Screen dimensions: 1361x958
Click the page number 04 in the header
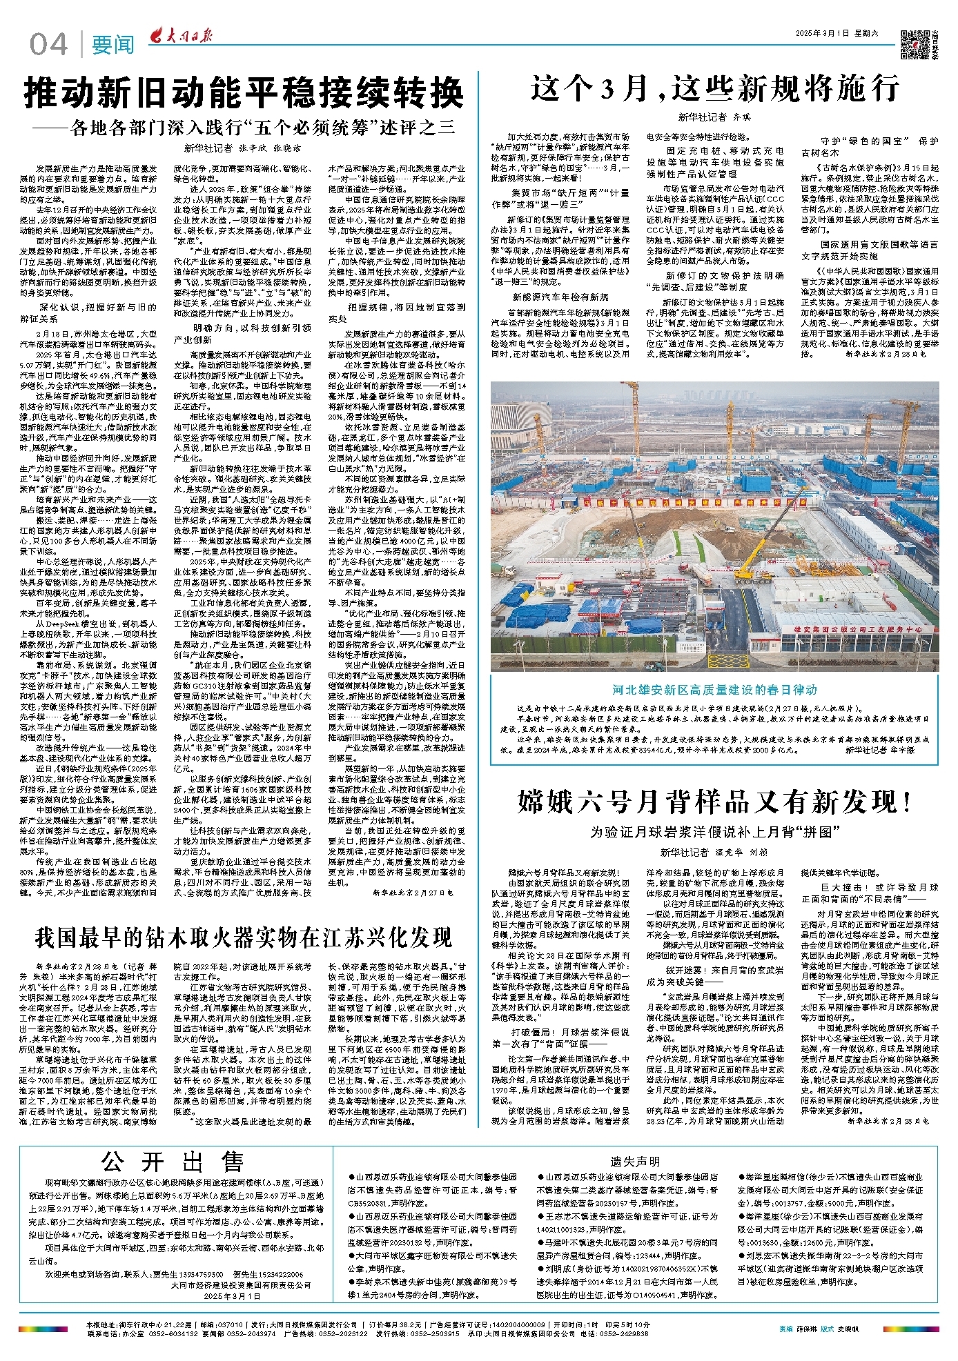(48, 45)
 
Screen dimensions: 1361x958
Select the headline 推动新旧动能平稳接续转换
(244, 93)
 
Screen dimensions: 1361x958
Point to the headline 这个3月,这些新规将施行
(715, 88)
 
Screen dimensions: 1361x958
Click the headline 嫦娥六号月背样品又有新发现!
(714, 802)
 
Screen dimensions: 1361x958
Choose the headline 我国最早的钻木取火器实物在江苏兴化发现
(244, 937)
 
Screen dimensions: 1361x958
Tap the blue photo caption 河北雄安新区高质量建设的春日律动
(714, 690)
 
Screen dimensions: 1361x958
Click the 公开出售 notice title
(173, 1162)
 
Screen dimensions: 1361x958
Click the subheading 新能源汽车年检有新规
(560, 297)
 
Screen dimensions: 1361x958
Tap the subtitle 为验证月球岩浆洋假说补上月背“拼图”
(714, 831)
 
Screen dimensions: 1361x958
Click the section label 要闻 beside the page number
(113, 46)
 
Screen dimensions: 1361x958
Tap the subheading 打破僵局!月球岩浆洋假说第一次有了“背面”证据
(560, 1037)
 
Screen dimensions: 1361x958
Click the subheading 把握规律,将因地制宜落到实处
(395, 313)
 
